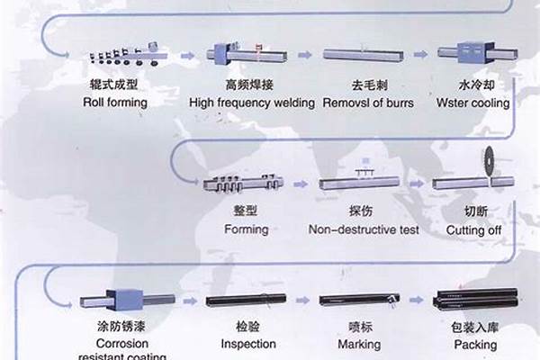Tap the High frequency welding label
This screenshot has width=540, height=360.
[251, 103]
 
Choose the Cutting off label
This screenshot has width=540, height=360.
[474, 229]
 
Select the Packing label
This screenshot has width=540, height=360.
[474, 345]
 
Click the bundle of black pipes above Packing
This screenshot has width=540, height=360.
[473, 305]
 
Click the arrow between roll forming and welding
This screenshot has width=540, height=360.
[186, 56]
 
